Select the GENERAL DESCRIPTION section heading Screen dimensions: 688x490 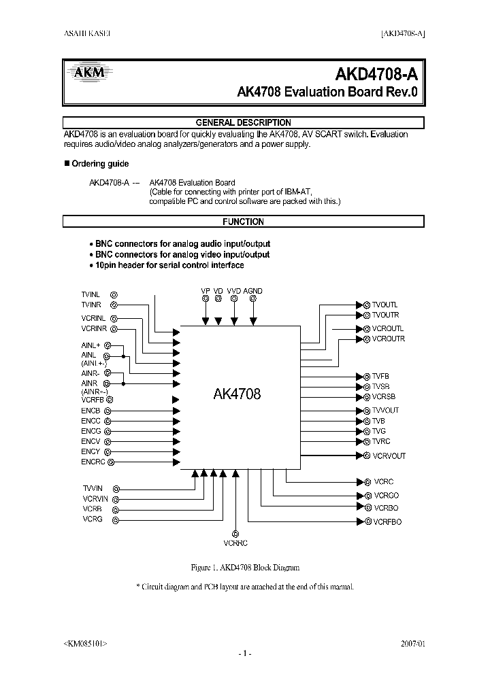(x=243, y=123)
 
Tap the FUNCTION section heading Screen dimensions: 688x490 (x=243, y=222)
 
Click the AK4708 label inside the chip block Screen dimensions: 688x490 (x=238, y=394)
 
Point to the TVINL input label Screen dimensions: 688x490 (x=91, y=294)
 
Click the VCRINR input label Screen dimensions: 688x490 (x=95, y=328)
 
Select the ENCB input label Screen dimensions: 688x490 (x=91, y=411)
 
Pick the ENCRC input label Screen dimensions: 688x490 (x=93, y=462)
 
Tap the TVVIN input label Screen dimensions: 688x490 (x=93, y=488)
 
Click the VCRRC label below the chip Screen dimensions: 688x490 (x=235, y=543)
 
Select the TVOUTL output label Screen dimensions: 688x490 (x=385, y=305)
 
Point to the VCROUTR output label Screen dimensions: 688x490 (x=389, y=339)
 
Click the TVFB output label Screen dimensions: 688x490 (x=380, y=376)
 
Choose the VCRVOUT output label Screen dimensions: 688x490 (x=389, y=455)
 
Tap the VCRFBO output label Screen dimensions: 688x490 (x=387, y=521)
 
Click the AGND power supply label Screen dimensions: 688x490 (x=252, y=291)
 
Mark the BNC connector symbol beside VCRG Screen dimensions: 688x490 (x=115, y=520)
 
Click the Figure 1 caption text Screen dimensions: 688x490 (x=243, y=567)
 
